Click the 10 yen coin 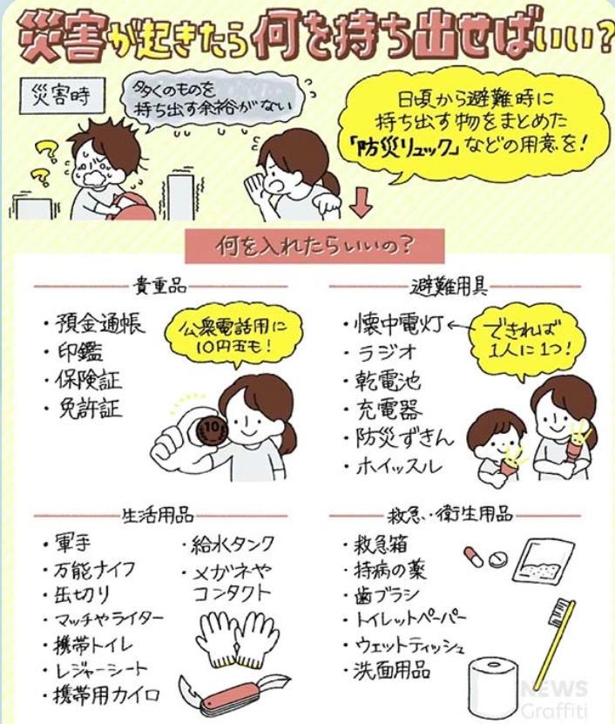pyautogui.click(x=211, y=429)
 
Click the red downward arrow pyautogui.click(x=361, y=204)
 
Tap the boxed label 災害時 pyautogui.click(x=62, y=96)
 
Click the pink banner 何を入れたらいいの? pyautogui.click(x=314, y=246)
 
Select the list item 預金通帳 pyautogui.click(x=98, y=324)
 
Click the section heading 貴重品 pyautogui.click(x=159, y=287)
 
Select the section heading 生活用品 pyautogui.click(x=158, y=515)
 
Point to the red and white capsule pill pyautogui.click(x=474, y=557)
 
